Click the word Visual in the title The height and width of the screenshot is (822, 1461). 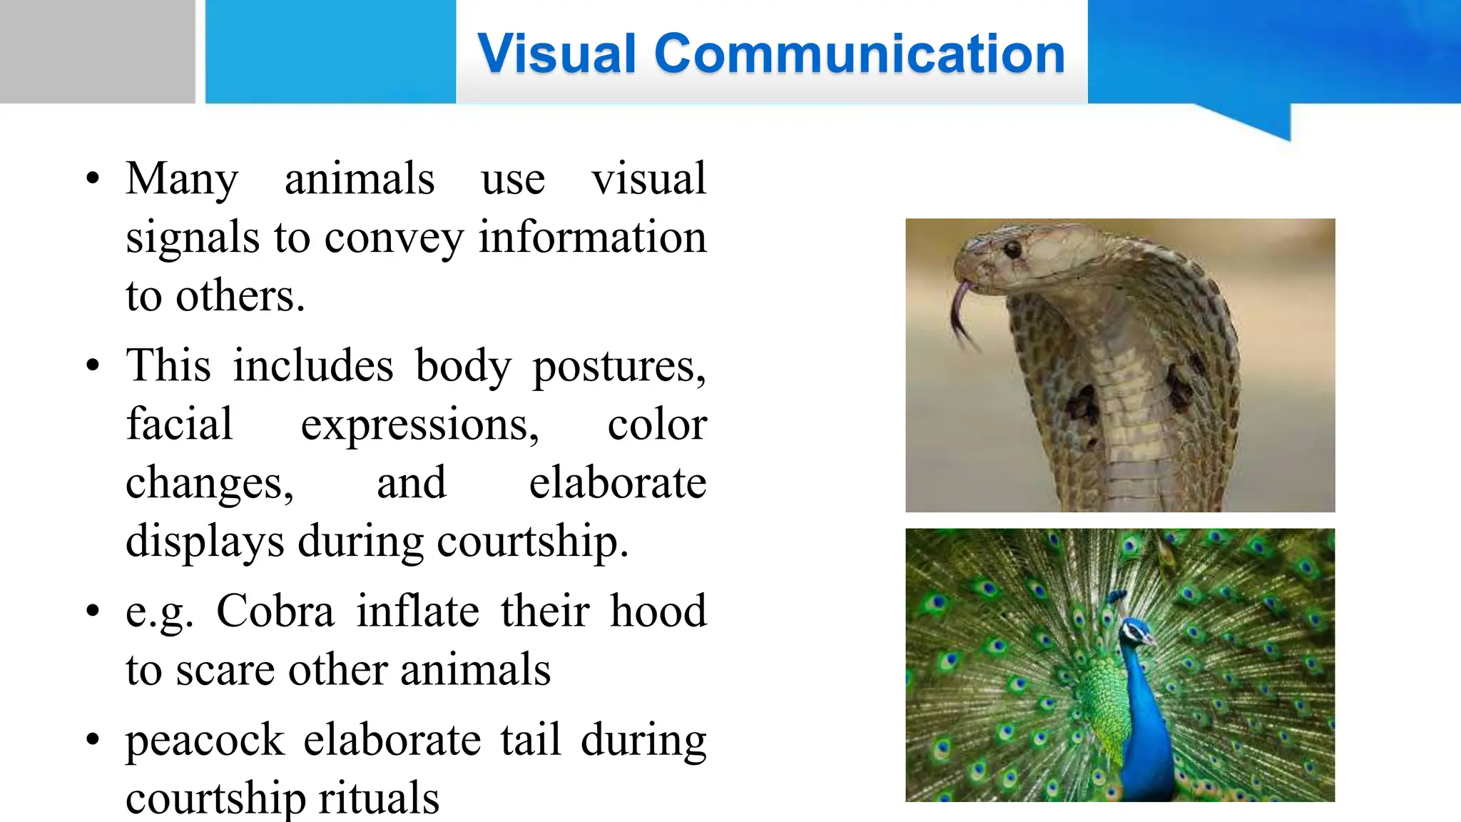point(556,54)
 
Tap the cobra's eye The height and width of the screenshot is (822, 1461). point(1012,250)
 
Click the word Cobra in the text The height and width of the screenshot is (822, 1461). point(275,612)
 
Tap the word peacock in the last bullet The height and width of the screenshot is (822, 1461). point(205,740)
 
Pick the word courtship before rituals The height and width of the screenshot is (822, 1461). point(217,798)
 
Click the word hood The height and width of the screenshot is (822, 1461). point(658,612)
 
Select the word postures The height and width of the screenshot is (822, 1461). point(618,366)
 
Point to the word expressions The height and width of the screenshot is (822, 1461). point(419,425)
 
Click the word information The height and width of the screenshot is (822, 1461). point(592,237)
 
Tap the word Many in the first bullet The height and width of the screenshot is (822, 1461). point(182,178)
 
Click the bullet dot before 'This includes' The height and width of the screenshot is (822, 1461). point(93,366)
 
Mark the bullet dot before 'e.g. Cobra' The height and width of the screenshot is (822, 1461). point(93,612)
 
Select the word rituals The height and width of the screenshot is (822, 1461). point(379,798)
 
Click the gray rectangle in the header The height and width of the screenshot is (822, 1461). point(97,51)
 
